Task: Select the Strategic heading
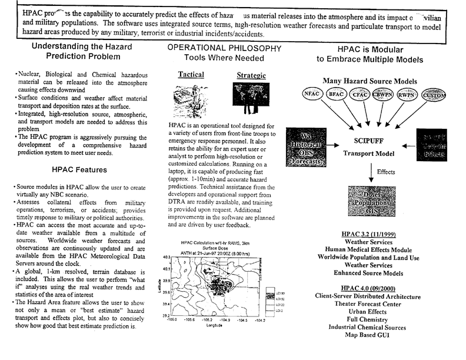[251, 75]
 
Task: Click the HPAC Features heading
[79, 169]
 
